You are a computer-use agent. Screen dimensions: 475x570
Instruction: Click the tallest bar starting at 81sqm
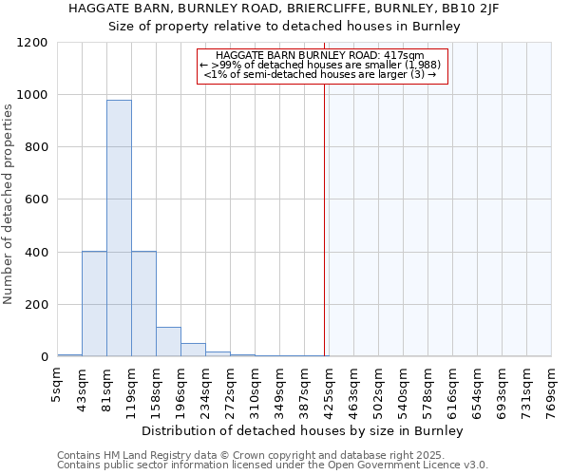click(x=119, y=228)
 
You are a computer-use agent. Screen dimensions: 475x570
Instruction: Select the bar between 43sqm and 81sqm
click(x=94, y=304)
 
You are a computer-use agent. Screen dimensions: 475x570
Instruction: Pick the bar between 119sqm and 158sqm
click(x=143, y=304)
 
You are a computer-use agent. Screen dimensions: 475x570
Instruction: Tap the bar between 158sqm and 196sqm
click(x=168, y=342)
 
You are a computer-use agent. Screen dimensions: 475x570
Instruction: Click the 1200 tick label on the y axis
click(x=31, y=43)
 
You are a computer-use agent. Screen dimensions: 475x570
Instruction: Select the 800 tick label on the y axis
click(x=35, y=147)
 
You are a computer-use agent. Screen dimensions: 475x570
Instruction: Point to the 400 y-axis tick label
click(x=35, y=253)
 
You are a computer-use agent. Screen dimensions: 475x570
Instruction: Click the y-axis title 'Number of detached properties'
click(x=9, y=204)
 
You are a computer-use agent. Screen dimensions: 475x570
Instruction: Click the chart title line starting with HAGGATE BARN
click(x=284, y=8)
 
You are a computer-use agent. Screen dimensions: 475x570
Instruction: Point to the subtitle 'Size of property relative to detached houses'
click(x=284, y=27)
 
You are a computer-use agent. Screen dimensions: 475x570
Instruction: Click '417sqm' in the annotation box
click(x=404, y=56)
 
